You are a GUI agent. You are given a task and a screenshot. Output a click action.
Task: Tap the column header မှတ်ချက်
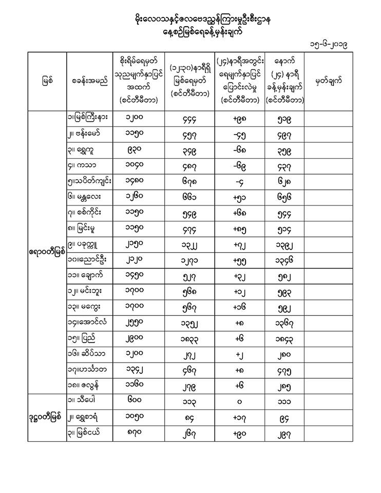point(328,81)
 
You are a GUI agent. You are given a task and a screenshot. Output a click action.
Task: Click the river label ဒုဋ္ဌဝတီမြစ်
point(46,416)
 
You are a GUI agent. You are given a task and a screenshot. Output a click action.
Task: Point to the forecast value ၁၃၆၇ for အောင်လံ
point(284,324)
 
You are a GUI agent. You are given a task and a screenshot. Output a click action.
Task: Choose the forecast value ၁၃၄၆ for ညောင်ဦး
point(284,259)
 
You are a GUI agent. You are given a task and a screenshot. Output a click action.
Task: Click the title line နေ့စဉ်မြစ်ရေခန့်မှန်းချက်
point(191,31)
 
